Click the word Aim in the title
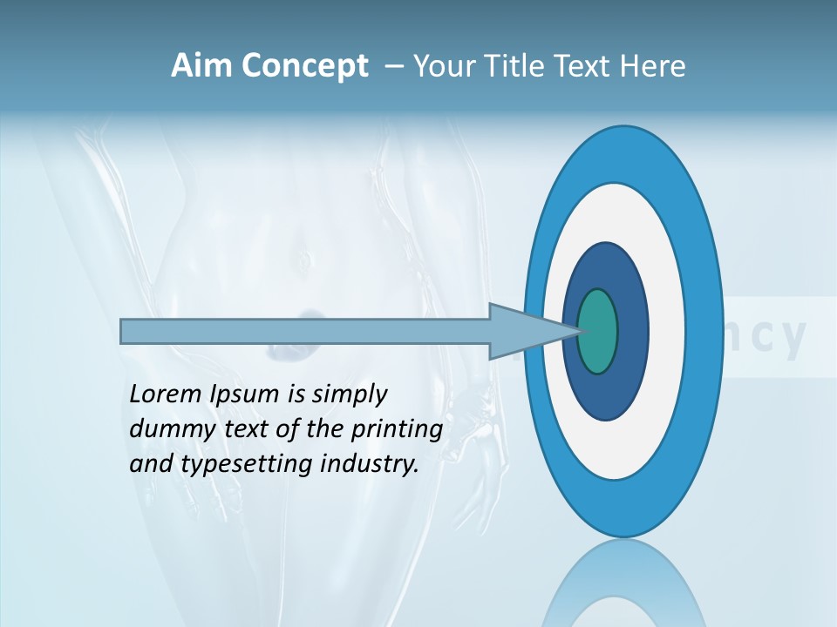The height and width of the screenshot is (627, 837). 201,66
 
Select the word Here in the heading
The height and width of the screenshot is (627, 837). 653,66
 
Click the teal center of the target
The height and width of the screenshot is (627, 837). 597,332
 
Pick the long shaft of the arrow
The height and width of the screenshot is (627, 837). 305,332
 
